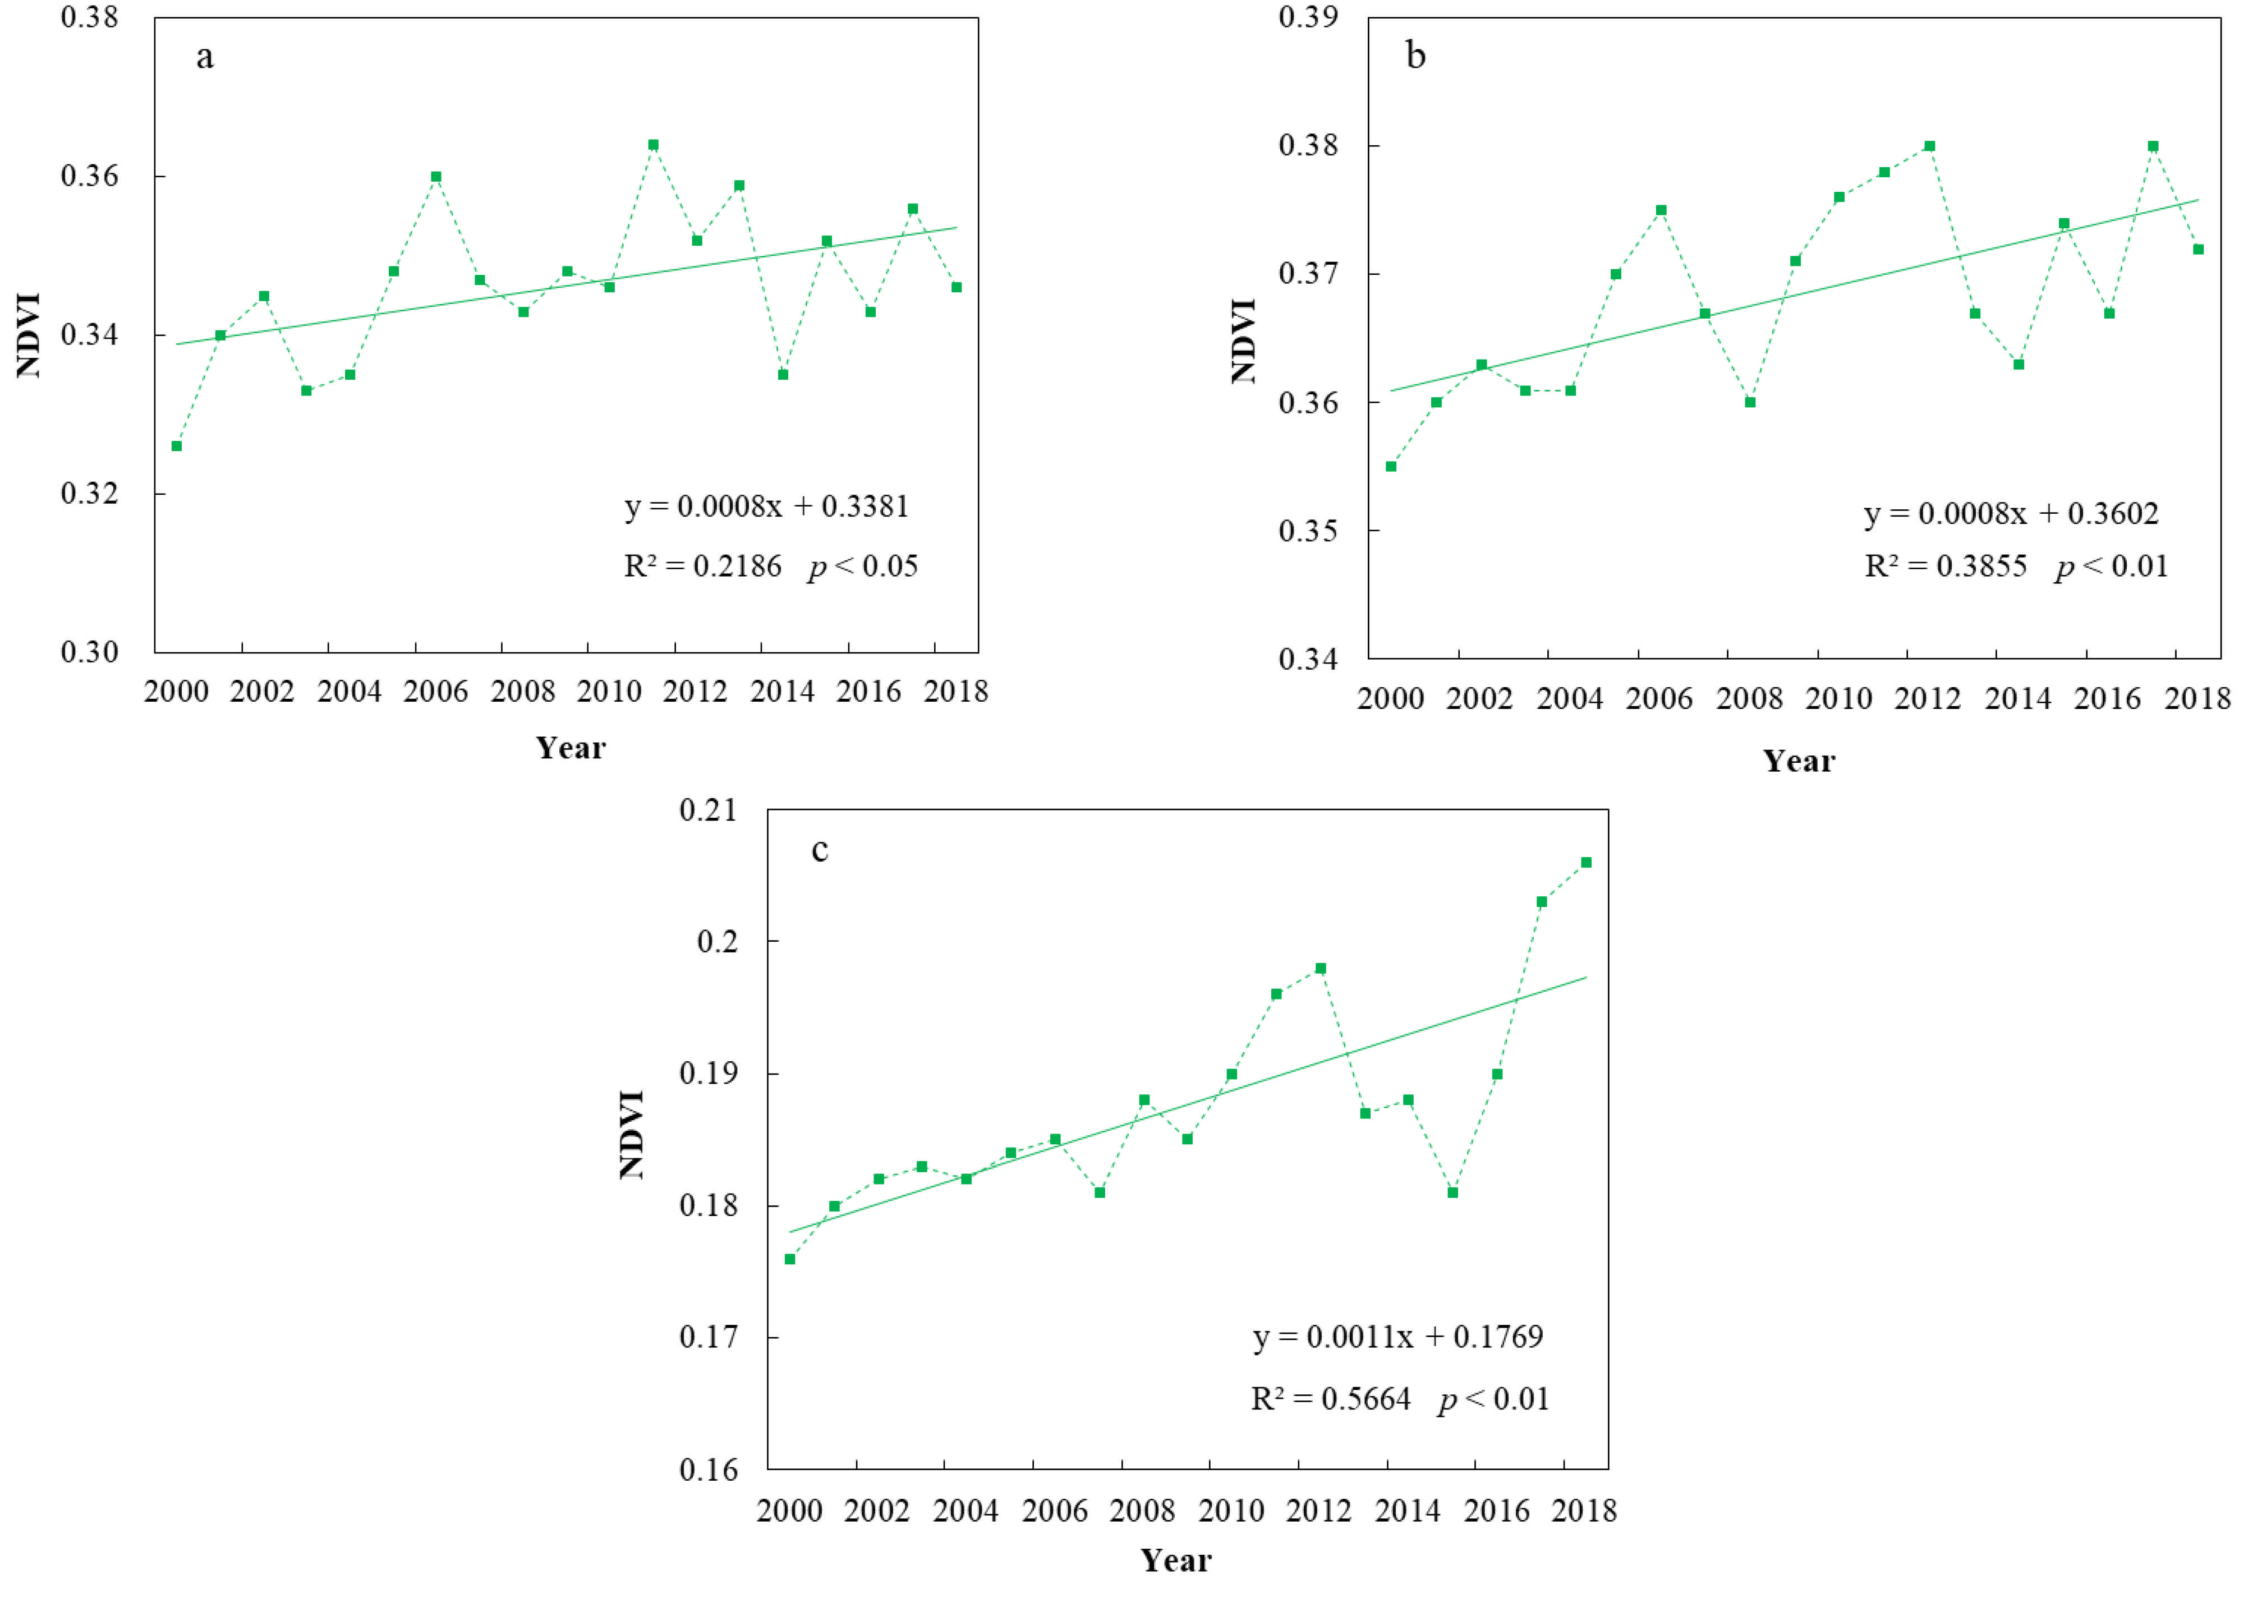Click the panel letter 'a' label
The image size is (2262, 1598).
tap(205, 57)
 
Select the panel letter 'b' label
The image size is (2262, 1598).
tap(1416, 56)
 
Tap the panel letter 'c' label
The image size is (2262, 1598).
tap(820, 849)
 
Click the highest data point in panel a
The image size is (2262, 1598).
tap(653, 145)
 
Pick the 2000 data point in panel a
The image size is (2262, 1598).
tap(176, 446)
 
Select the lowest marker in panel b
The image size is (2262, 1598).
tap(1391, 466)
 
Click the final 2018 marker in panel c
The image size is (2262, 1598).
tap(1586, 862)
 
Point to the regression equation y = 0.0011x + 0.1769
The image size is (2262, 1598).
tap(1398, 1337)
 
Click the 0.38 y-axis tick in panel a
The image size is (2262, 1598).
tap(90, 18)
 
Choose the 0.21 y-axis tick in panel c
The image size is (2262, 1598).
tap(707, 810)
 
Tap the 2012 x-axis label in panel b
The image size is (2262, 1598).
tap(1928, 698)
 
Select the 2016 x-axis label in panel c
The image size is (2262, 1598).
tap(1497, 1510)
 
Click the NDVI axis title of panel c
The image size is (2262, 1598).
tap(632, 1134)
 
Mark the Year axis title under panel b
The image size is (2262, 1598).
tap(1799, 761)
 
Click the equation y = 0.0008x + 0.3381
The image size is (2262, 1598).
tap(766, 506)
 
